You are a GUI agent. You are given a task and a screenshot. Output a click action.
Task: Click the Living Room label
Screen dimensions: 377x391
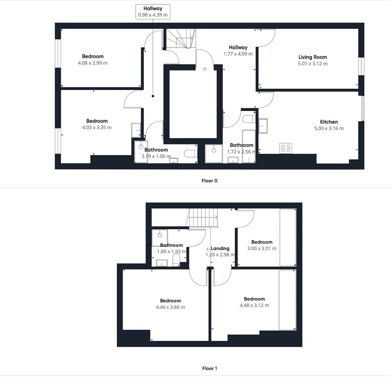pyautogui.click(x=312, y=57)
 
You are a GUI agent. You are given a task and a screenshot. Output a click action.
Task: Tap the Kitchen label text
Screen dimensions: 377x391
pyautogui.click(x=329, y=122)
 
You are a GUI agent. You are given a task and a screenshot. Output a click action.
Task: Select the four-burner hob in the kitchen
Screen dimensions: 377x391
pyautogui.click(x=286, y=148)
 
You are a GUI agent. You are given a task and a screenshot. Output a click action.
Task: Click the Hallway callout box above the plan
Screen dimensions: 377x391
pyautogui.click(x=153, y=11)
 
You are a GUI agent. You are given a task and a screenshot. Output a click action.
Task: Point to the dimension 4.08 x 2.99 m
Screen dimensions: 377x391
pyautogui.click(x=93, y=63)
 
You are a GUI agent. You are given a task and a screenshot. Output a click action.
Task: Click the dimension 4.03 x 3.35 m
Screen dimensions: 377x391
pyautogui.click(x=97, y=127)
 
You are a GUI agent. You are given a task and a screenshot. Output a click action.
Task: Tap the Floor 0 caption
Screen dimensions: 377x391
pyautogui.click(x=210, y=180)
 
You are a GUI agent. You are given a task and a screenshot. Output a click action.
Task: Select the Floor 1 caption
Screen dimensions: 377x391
pyautogui.click(x=210, y=368)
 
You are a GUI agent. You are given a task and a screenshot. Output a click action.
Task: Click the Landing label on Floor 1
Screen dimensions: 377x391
pyautogui.click(x=220, y=248)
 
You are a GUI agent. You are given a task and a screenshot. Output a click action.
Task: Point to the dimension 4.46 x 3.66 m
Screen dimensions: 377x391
pyautogui.click(x=170, y=307)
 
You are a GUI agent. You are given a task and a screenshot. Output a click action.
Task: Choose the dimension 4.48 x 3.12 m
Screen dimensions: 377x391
pyautogui.click(x=254, y=305)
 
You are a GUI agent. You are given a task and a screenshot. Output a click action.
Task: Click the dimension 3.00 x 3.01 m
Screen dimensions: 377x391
pyautogui.click(x=261, y=248)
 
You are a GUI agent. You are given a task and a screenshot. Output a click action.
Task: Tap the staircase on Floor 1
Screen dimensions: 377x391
pyautogui.click(x=203, y=218)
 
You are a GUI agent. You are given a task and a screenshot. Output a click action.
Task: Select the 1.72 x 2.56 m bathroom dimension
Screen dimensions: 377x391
pyautogui.click(x=242, y=151)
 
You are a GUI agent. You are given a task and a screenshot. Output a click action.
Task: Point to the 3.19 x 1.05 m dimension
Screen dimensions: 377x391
pyautogui.click(x=156, y=156)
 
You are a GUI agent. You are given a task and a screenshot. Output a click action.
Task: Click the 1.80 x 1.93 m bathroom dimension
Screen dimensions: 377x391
pyautogui.click(x=171, y=252)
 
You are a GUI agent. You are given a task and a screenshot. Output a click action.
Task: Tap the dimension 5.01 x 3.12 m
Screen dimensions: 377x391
pyautogui.click(x=312, y=64)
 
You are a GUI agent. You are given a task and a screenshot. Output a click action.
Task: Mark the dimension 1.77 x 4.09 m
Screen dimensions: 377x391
pyautogui.click(x=238, y=54)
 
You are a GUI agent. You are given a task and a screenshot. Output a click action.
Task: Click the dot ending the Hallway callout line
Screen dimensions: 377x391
pyautogui.click(x=153, y=96)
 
